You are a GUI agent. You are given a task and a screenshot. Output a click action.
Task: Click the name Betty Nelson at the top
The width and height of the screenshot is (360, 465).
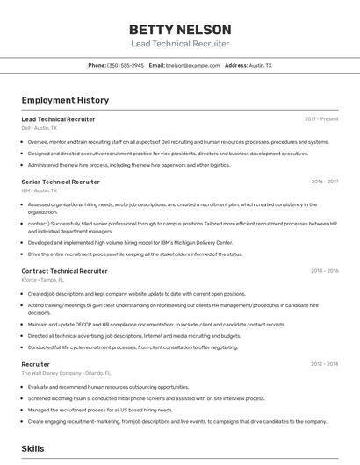click(180, 29)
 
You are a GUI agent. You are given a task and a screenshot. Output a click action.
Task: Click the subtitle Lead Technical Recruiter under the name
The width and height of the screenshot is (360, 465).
click(180, 44)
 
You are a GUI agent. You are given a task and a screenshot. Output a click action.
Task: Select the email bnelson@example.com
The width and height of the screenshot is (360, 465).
click(192, 65)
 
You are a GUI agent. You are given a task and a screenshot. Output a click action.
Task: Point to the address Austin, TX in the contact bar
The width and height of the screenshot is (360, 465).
click(260, 65)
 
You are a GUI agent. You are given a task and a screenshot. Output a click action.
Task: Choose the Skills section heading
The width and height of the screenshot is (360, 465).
click(32, 448)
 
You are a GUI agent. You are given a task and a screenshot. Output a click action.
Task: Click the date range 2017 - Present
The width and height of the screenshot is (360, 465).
click(321, 118)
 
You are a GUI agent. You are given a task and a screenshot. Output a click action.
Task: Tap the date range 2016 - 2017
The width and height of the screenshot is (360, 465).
click(324, 182)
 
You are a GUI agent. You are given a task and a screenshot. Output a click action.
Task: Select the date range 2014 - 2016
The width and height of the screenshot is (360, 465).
click(324, 271)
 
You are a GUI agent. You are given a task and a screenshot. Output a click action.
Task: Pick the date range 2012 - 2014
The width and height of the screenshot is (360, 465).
click(324, 363)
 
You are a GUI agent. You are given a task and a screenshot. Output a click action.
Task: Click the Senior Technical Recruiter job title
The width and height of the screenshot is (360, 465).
click(61, 182)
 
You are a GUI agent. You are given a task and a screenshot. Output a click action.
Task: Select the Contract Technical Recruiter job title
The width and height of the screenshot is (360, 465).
click(64, 271)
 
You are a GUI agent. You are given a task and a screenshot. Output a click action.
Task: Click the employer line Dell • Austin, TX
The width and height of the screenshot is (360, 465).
click(39, 127)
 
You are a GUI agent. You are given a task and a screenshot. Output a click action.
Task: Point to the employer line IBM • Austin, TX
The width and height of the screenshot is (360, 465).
click(39, 190)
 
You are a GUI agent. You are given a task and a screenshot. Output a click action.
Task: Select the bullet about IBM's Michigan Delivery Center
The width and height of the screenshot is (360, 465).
click(130, 242)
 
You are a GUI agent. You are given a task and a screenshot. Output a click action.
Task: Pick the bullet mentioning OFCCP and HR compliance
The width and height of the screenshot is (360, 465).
click(156, 324)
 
